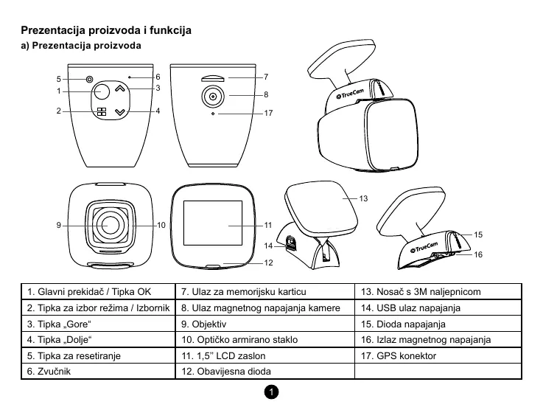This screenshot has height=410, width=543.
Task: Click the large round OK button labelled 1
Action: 100,91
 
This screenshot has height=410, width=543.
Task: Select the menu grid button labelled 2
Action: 101,113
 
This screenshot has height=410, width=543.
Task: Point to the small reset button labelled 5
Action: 89,79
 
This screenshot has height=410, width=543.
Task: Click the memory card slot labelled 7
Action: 213,77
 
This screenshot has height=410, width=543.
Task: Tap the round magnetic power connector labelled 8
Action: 213,96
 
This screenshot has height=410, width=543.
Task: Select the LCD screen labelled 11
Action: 213,224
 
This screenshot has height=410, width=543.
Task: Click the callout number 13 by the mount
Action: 363,198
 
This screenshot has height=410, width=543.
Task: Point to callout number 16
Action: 477,254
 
